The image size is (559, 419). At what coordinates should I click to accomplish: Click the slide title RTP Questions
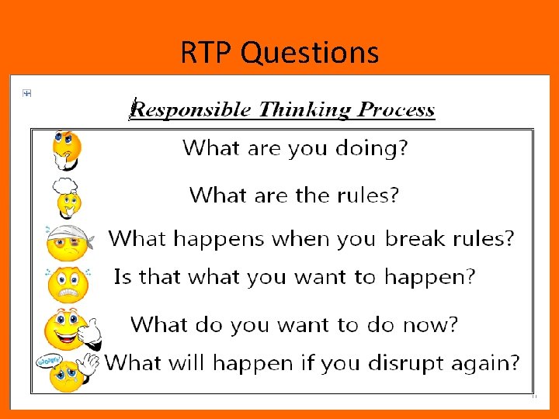point(279,53)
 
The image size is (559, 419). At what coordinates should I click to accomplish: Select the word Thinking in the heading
point(306,109)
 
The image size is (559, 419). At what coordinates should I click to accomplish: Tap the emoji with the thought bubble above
point(66,197)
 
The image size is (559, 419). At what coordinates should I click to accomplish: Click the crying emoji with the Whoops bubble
point(68,373)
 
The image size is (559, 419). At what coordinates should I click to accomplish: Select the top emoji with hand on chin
point(66,148)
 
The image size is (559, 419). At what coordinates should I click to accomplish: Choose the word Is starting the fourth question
point(123,277)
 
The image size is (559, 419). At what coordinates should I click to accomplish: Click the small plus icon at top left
point(26,94)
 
